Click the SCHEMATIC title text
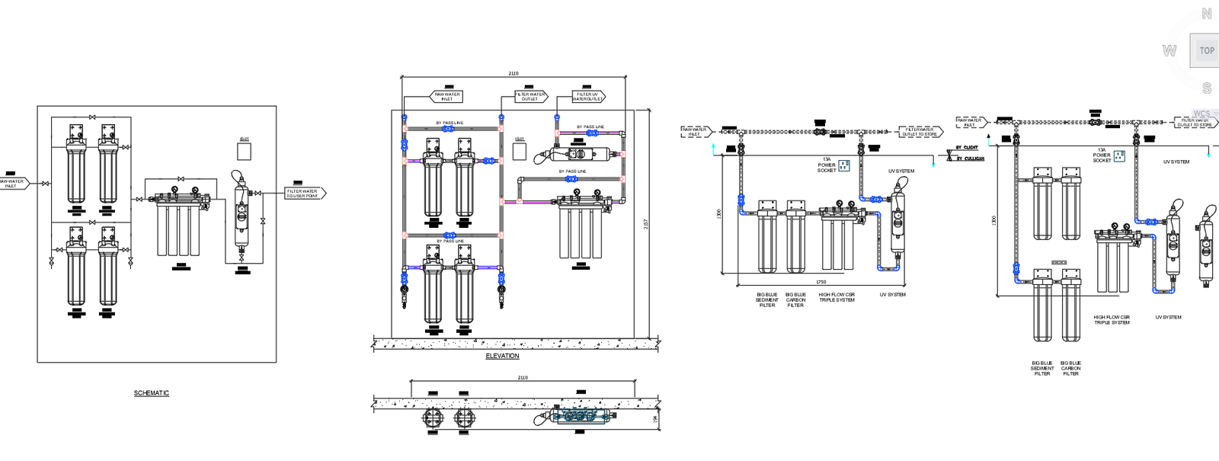pos(152,393)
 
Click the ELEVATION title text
pos(502,356)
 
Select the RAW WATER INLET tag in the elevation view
pos(446,97)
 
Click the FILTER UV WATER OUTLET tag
pos(587,97)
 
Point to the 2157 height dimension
pos(646,224)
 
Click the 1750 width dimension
pos(821,282)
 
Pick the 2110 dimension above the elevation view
pos(514,73)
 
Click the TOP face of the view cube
pos(1206,51)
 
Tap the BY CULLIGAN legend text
pos(969,158)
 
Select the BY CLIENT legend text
pos(967,148)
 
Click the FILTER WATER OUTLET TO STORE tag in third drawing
pos(920,132)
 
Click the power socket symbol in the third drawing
pos(844,165)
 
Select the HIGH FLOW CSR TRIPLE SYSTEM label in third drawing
pos(837,297)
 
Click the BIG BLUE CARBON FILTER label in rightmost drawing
pos(1070,368)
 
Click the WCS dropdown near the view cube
pos(1203,114)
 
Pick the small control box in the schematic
pos(244,152)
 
